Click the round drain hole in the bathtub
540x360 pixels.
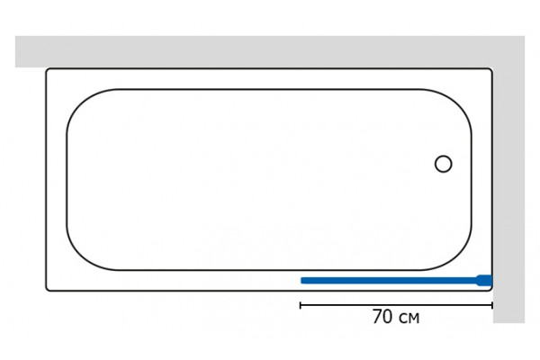point(443,164)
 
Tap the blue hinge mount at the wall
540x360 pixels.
point(484,281)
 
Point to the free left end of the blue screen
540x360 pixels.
point(301,281)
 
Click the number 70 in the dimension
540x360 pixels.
point(382,317)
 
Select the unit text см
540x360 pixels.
point(409,319)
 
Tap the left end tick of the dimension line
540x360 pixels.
point(301,305)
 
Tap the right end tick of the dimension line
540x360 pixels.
point(492,305)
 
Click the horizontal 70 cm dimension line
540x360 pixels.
point(396,305)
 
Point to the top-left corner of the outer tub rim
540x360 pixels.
point(47,69)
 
